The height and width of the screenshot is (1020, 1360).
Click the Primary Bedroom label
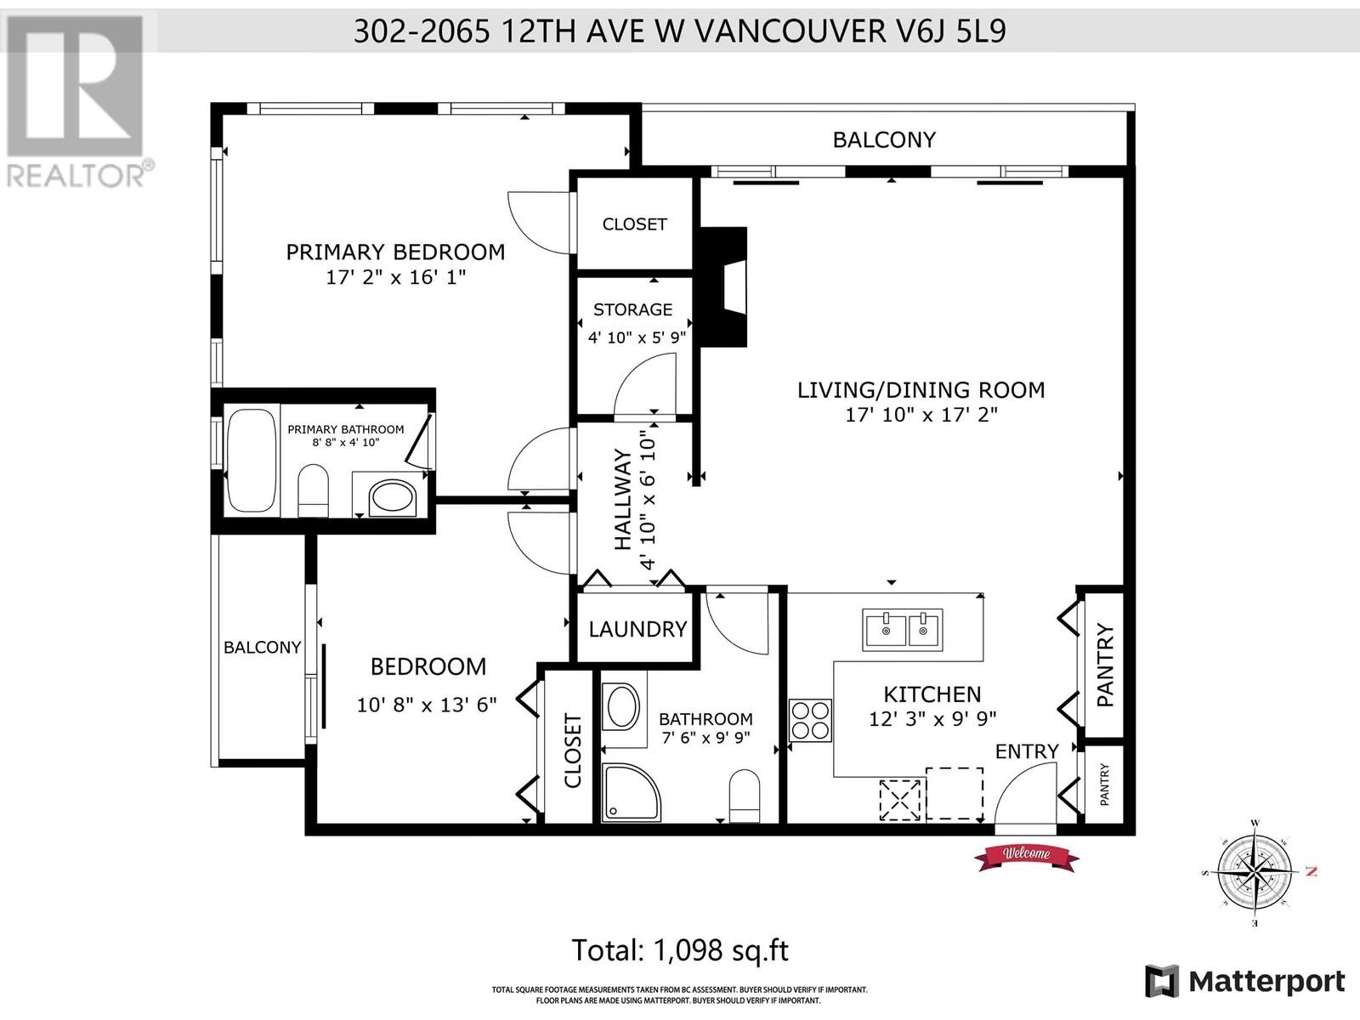395,252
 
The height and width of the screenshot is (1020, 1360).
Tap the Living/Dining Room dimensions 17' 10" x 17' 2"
921,414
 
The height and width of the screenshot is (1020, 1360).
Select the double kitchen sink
903,630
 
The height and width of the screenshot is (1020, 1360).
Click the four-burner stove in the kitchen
810,720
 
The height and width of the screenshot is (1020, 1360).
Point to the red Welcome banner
1026,856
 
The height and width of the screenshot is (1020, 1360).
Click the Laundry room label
637,629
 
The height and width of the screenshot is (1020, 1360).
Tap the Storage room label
632,309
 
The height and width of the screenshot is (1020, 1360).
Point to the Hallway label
623,500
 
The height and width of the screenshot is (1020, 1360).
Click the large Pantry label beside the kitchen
1105,666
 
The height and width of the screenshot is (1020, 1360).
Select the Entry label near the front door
1027,751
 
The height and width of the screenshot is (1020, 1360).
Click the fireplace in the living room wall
722,286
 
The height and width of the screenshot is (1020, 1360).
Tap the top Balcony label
884,140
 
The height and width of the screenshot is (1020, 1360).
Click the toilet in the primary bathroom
314,490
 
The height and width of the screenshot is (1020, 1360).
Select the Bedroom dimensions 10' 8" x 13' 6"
427,705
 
